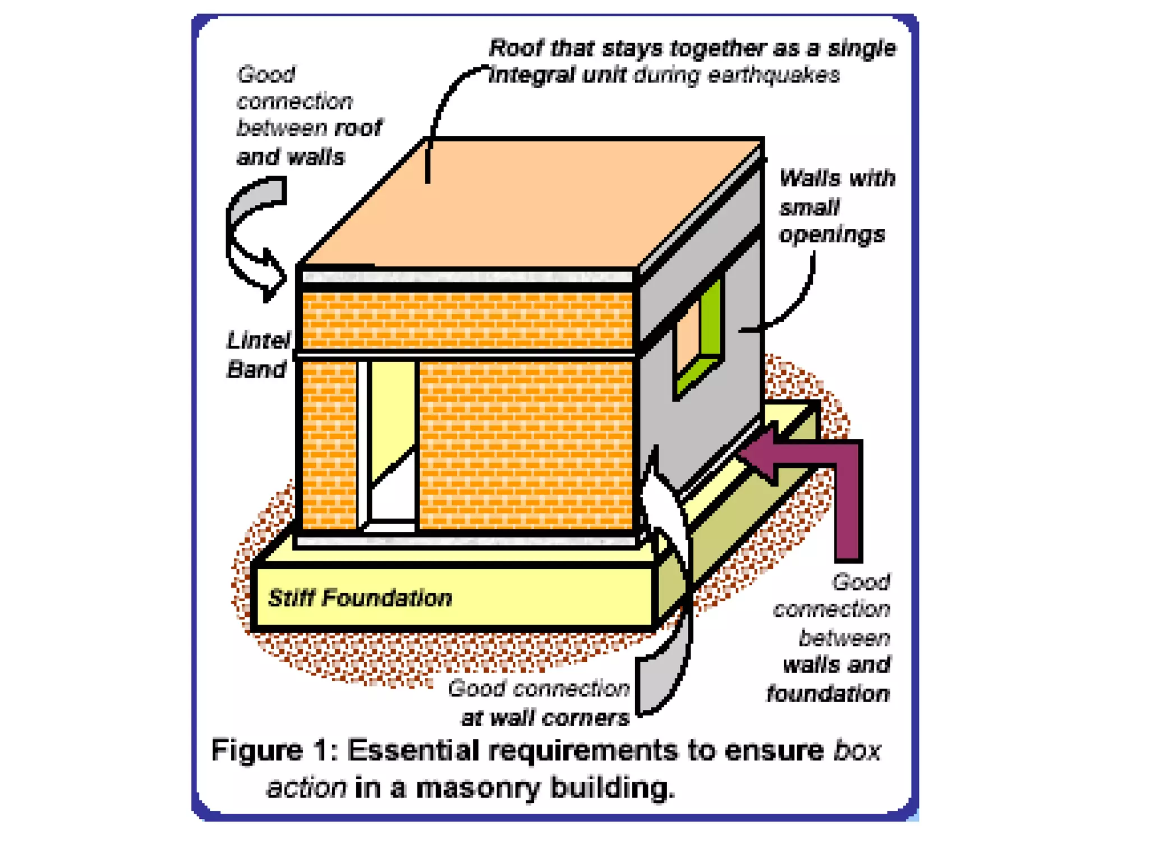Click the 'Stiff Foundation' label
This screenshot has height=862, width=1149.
360,598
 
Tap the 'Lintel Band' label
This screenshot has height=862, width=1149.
258,355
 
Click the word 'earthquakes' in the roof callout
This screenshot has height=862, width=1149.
774,75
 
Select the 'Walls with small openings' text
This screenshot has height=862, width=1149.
835,206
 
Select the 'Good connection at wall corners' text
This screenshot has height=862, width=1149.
539,703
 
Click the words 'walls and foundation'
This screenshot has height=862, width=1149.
830,680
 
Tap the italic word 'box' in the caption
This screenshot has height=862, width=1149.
857,750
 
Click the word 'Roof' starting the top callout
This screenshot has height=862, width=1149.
515,48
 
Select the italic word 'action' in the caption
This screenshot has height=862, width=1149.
306,788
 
